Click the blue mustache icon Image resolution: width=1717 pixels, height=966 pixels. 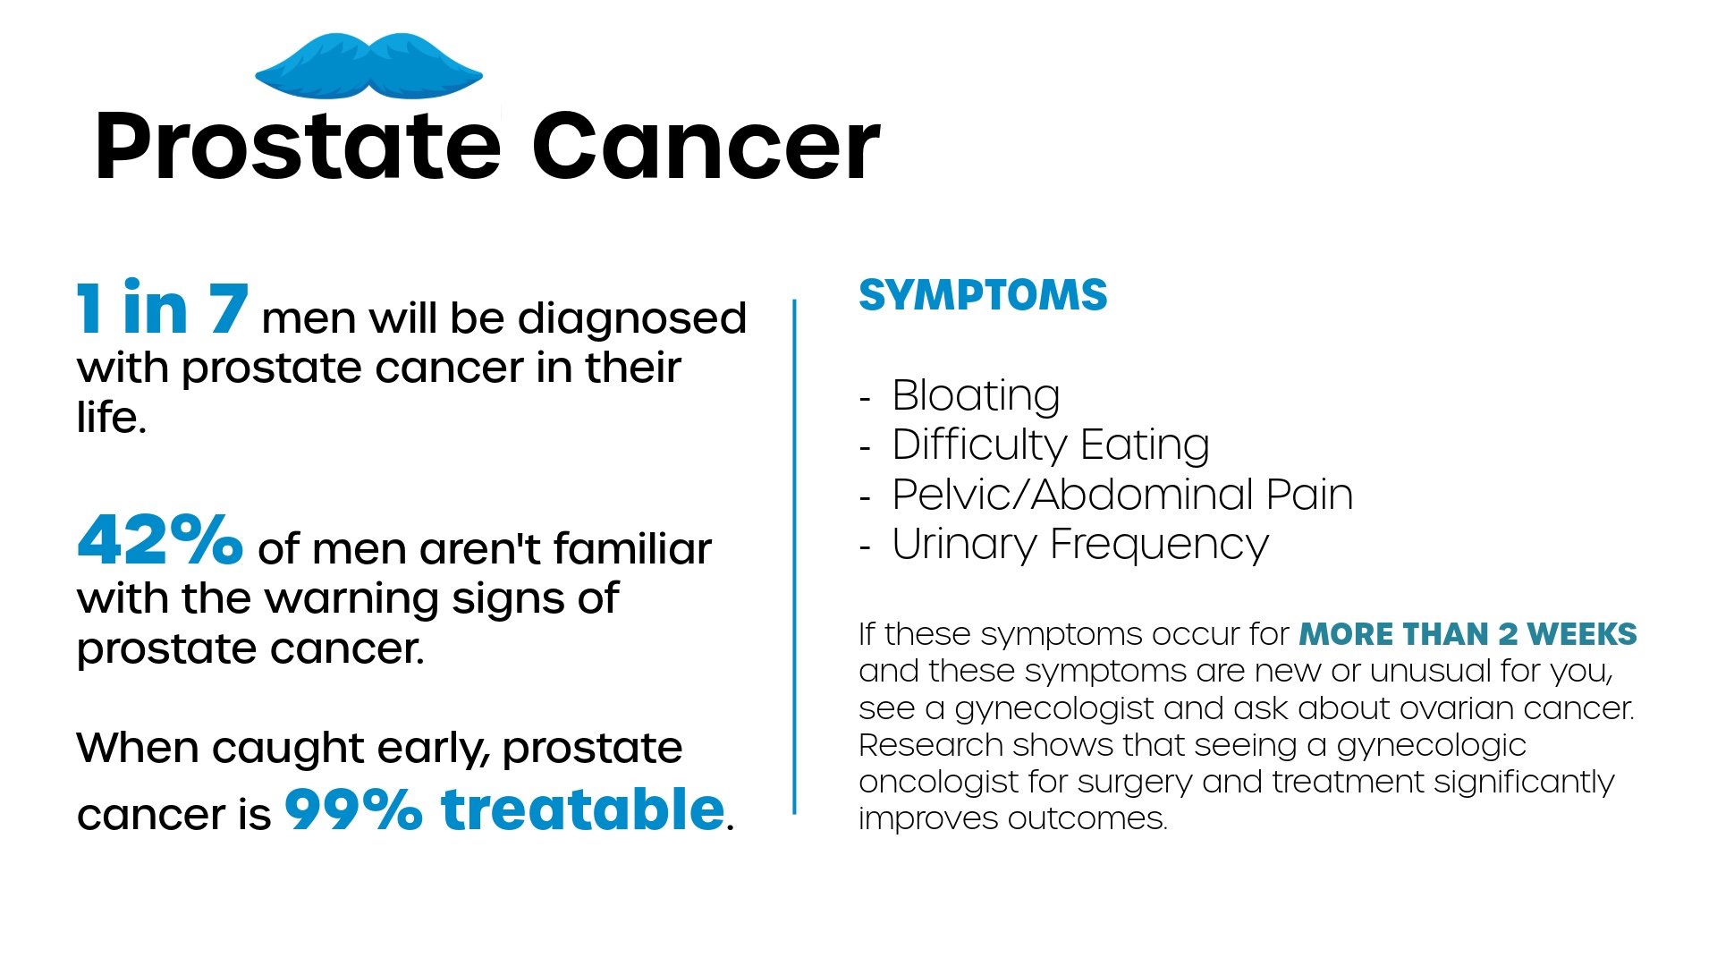[368, 66]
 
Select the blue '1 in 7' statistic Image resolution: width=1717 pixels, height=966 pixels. [162, 308]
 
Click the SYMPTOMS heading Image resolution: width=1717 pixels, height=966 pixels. [983, 295]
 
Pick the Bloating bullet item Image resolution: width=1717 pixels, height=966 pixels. [976, 395]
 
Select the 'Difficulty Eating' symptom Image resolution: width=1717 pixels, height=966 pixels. [1051, 445]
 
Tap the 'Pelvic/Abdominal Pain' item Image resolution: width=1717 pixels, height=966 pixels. [1122, 495]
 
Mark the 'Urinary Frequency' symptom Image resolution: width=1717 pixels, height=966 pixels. [1080, 545]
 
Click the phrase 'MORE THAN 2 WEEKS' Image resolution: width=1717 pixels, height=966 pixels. [1467, 634]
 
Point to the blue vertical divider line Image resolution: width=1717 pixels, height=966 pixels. [794, 556]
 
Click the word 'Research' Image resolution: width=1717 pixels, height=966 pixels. [931, 745]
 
